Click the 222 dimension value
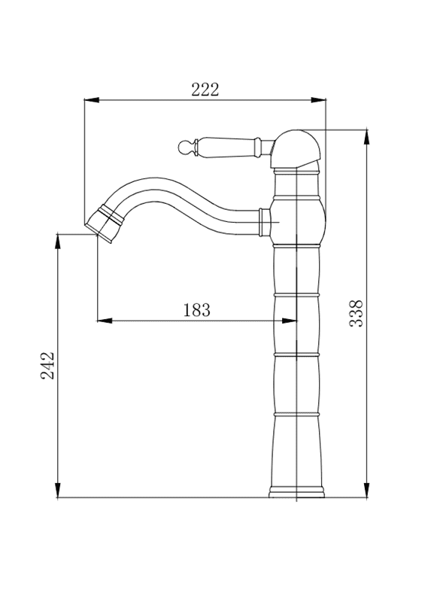(205, 90)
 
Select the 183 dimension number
(197, 310)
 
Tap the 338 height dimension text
(356, 314)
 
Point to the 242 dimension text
(48, 366)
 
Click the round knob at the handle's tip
(184, 146)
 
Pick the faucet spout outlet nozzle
(104, 224)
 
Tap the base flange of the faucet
(296, 492)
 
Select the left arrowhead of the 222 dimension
(92, 100)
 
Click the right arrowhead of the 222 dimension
(318, 100)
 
